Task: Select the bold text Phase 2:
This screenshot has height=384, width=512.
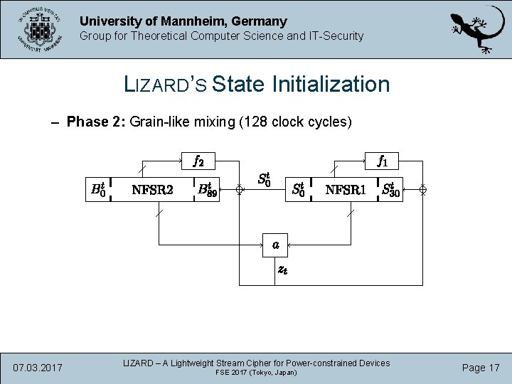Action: pyautogui.click(x=95, y=122)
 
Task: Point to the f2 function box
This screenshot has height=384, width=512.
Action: pyautogui.click(x=199, y=161)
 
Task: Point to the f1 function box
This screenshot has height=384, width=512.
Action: pyautogui.click(x=383, y=161)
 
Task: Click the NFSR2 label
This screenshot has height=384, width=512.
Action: pyautogui.click(x=153, y=190)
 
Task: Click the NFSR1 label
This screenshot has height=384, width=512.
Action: pyautogui.click(x=345, y=190)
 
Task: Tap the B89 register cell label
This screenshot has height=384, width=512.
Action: pyautogui.click(x=208, y=190)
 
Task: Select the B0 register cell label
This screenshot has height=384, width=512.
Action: pyautogui.click(x=98, y=190)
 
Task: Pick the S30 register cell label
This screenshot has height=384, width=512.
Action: pyautogui.click(x=391, y=190)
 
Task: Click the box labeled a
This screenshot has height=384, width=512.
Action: pyautogui.click(x=275, y=245)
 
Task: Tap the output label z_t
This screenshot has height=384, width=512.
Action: pyautogui.click(x=282, y=270)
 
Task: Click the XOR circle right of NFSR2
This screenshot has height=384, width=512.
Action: pyautogui.click(x=240, y=190)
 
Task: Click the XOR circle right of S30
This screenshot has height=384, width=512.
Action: pyautogui.click(x=422, y=190)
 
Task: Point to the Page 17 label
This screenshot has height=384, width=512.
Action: pyautogui.click(x=480, y=368)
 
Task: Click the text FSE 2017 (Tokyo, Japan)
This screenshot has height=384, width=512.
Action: pyautogui.click(x=256, y=373)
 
